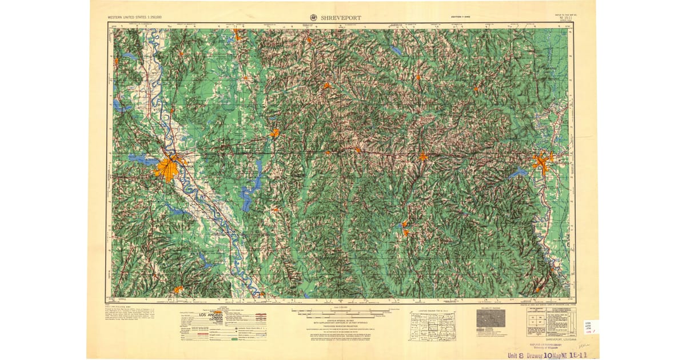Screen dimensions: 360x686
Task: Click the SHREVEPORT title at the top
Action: [x=342, y=17]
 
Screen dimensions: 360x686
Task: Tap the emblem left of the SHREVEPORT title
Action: [x=314, y=17]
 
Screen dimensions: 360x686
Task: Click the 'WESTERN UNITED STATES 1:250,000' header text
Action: [x=135, y=18]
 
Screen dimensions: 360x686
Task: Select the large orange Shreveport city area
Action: [x=168, y=168]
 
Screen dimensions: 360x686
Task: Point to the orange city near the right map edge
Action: [x=541, y=162]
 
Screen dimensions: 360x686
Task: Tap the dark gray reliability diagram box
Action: [x=490, y=318]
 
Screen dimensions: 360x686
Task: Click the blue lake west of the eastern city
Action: [x=517, y=172]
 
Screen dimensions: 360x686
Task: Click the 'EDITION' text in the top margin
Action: [x=460, y=18]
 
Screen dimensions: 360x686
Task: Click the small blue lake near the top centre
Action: [x=396, y=51]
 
